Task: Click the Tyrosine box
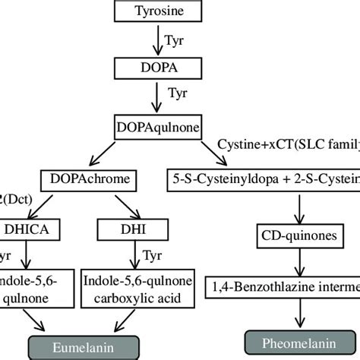coord(158,11)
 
